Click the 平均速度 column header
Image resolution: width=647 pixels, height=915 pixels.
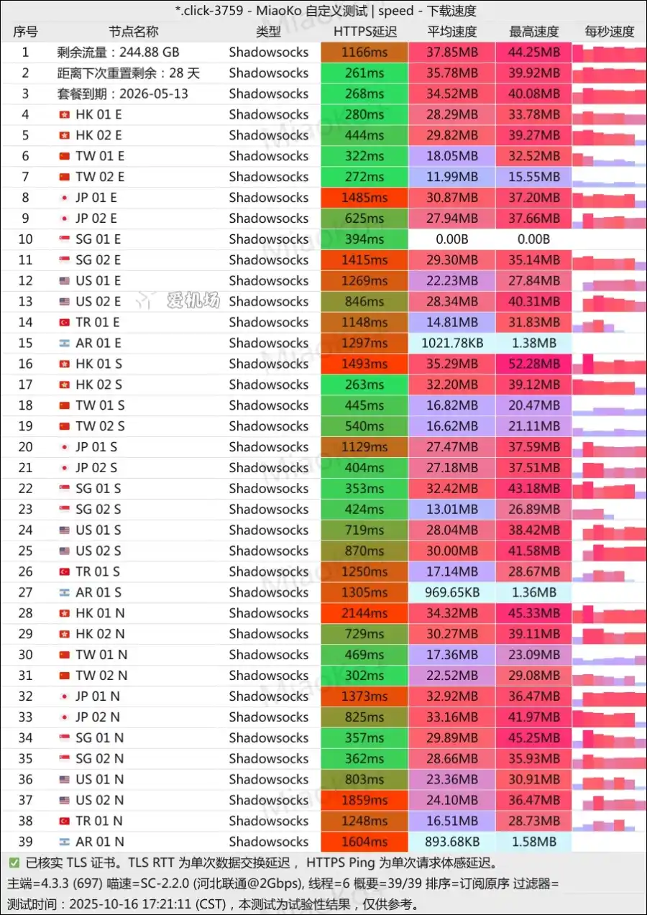pos(452,32)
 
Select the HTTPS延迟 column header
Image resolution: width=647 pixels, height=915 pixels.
pos(364,32)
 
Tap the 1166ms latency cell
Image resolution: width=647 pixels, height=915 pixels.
pos(364,52)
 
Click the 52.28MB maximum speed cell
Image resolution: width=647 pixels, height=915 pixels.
pos(534,364)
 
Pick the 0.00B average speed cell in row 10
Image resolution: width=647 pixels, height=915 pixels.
pos(452,239)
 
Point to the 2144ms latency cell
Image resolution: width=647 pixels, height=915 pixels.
pos(364,613)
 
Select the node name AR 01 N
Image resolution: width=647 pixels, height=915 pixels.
pos(100,842)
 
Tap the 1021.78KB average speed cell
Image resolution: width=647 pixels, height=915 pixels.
pos(452,343)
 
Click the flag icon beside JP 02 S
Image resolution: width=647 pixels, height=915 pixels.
pos(65,468)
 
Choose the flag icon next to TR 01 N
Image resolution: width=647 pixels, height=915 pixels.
pos(65,821)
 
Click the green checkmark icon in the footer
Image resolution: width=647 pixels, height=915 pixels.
pos(14,863)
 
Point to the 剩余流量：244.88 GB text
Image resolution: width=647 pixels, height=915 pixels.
pos(119,52)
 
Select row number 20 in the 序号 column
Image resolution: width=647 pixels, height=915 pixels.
pos(26,447)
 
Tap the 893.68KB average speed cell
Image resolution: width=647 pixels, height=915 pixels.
pos(452,842)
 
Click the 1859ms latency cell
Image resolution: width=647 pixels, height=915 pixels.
pos(364,800)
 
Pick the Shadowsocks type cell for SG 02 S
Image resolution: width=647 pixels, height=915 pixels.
pos(269,510)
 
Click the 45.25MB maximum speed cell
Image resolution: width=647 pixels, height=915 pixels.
pos(534,737)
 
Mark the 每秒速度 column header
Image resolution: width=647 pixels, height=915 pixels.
pos(610,32)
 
